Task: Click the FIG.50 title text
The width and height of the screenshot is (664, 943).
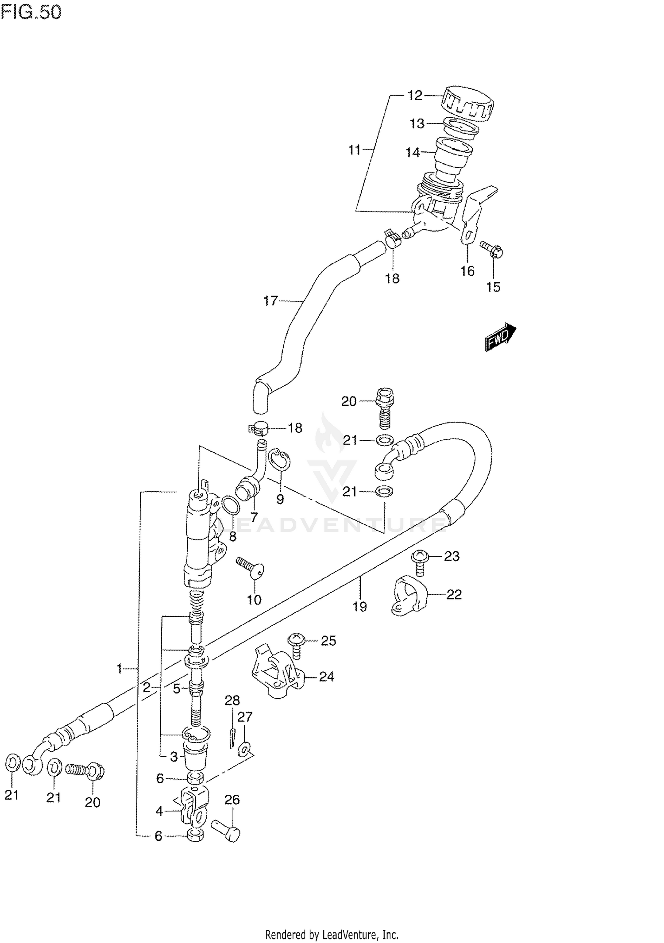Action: click(x=31, y=12)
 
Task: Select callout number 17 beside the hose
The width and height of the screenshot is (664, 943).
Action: click(x=270, y=301)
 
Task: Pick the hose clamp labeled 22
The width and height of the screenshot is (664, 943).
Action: click(x=408, y=596)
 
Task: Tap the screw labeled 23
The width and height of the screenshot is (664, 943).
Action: click(x=419, y=562)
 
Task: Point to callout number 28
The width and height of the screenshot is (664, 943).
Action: click(x=232, y=700)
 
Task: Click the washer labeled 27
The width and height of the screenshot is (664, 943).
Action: click(x=244, y=749)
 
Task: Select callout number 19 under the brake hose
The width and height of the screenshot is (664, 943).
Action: click(x=359, y=606)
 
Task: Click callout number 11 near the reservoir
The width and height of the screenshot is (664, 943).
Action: click(x=354, y=150)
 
